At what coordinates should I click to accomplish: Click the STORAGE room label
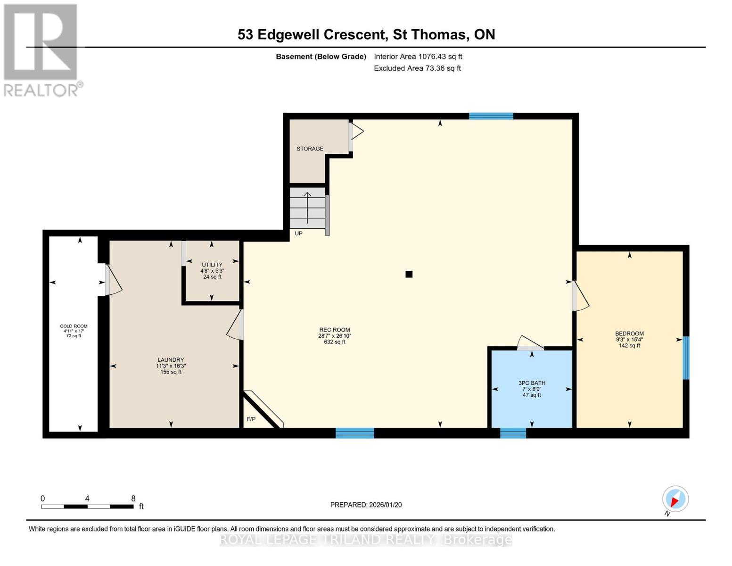310,149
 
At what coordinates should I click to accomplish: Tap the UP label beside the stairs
298,233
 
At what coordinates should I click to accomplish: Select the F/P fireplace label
251,419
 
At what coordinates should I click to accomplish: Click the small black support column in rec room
409,274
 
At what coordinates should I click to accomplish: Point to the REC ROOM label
335,330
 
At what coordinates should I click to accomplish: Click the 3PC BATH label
532,383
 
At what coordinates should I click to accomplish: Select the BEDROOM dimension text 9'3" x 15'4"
629,340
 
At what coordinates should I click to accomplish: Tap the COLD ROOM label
74,326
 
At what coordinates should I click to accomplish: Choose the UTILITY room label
212,265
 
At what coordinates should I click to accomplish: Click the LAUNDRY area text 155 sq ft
171,372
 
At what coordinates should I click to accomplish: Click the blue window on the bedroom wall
686,358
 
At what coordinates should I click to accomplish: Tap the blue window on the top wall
491,116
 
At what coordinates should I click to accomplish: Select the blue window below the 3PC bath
513,433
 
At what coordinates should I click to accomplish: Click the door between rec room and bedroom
580,297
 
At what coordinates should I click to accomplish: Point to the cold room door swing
114,281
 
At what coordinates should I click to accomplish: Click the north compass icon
675,499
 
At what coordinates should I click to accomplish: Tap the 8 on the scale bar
133,499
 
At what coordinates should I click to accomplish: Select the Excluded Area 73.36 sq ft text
417,68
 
